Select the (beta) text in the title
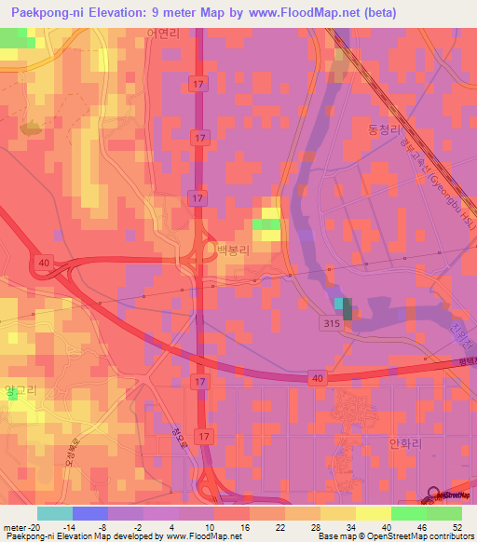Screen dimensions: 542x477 [380, 13]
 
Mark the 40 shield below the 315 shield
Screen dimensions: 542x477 [317, 377]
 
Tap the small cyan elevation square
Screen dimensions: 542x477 [337, 304]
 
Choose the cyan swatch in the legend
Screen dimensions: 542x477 [53, 513]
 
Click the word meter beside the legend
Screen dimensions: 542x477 [14, 526]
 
